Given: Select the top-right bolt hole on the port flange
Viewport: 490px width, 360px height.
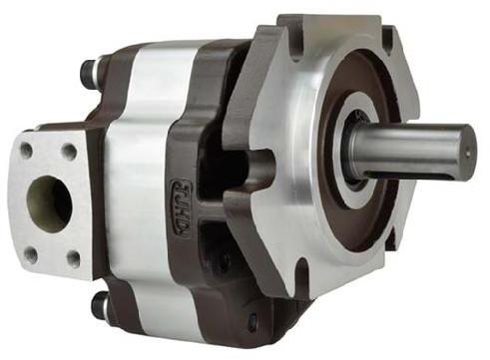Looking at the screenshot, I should point(69,151).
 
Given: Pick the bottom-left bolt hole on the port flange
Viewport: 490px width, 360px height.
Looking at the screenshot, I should point(30,255).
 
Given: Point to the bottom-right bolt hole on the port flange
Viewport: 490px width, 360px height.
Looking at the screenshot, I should point(73,258).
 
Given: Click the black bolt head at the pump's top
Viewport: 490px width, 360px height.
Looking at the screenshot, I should point(92,72).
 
